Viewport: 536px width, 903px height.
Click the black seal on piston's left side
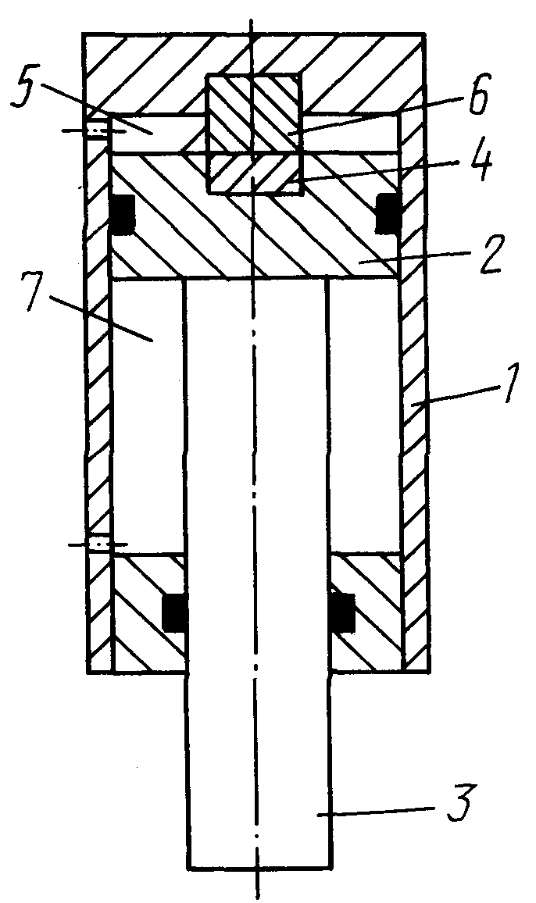(x=123, y=215)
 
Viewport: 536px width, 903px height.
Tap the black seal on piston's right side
(x=388, y=214)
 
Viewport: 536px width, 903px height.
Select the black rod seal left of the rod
(x=174, y=612)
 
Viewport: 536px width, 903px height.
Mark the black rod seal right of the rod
(x=341, y=612)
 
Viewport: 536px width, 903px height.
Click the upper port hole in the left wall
(x=98, y=131)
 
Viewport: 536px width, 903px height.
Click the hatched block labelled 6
(x=254, y=114)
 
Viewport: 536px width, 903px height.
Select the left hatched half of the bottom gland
(x=148, y=612)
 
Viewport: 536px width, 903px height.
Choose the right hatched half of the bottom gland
(x=366, y=612)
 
